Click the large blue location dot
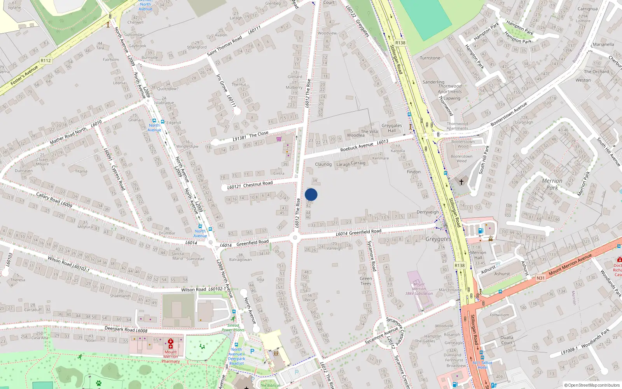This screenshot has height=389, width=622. [x=311, y=194]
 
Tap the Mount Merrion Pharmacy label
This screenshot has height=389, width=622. [x=171, y=356]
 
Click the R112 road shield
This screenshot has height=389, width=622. [x=45, y=60]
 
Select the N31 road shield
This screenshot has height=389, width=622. [x=540, y=278]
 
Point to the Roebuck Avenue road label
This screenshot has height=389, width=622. [x=356, y=147]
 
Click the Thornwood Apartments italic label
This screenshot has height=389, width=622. [x=450, y=89]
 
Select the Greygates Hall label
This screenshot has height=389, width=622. [x=391, y=128]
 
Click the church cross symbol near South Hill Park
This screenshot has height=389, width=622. [x=461, y=181]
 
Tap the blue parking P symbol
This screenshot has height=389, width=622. [x=252, y=351]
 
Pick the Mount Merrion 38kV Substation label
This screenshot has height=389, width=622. [x=419, y=289]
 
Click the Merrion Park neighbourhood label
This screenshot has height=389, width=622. [x=552, y=184]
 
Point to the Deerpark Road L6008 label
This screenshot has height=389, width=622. [x=126, y=329]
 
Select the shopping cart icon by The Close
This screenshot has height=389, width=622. [x=279, y=139]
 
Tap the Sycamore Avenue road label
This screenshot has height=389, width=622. [x=382, y=335]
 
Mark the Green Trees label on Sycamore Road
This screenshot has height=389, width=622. [x=365, y=281]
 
